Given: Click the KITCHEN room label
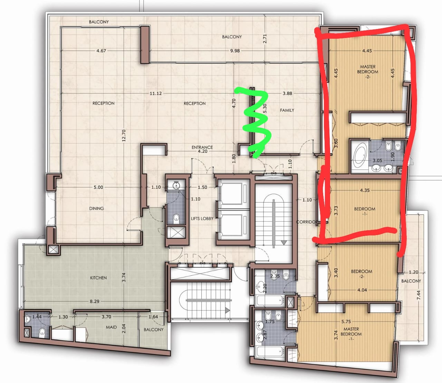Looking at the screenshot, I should tap(98, 278).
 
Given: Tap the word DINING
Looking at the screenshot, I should tap(96, 208).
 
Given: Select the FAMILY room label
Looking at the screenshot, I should tap(287, 110).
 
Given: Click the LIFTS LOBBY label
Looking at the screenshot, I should tap(202, 218).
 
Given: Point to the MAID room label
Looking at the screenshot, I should tap(111, 327).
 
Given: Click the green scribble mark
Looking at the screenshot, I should tap(256, 121).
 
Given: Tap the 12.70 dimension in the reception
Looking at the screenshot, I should tap(124, 136).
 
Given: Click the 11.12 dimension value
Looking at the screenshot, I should tap(156, 93).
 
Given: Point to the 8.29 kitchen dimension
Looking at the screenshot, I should tap(95, 301).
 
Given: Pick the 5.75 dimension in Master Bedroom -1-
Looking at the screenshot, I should tap(346, 321).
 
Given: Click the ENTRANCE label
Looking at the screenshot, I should tap(202, 147).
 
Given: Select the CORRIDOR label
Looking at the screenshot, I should tap(306, 222).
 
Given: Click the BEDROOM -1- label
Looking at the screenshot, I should tap(365, 211).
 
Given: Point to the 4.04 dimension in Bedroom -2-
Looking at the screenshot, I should tap(362, 290).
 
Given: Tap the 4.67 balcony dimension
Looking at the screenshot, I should tap(101, 51).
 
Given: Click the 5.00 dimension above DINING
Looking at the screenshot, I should tap(98, 187).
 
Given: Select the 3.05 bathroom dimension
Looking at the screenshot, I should tap(377, 160).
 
